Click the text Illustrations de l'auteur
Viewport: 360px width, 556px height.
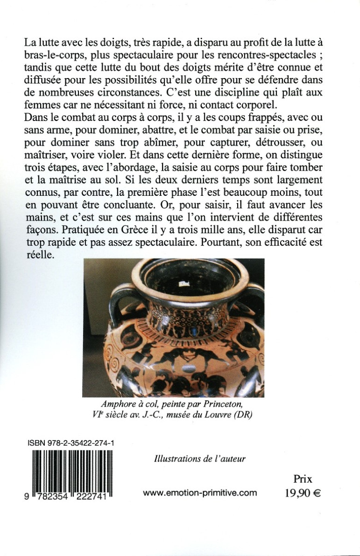click(x=200, y=458)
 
